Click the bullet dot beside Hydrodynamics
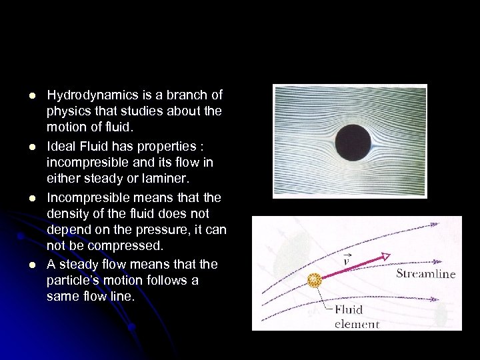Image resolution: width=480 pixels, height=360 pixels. (31, 96)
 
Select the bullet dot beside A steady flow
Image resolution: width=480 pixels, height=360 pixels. (31, 265)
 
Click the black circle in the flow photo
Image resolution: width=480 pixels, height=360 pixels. (353, 142)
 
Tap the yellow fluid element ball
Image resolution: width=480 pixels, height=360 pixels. (314, 281)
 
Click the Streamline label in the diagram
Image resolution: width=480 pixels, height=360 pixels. (426, 273)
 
